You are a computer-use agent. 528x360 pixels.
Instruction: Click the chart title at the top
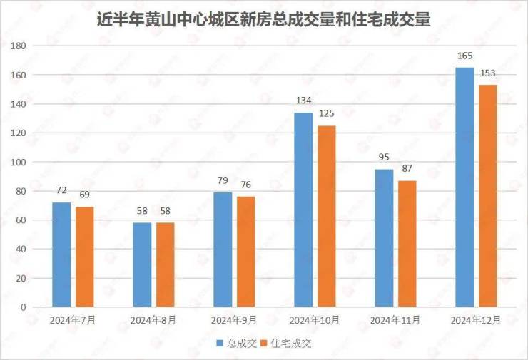(x=263, y=19)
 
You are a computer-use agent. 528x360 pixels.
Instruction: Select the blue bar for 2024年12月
(x=464, y=187)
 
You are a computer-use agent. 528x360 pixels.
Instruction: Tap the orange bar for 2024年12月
(x=488, y=195)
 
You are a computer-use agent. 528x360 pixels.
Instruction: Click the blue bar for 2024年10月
(x=303, y=210)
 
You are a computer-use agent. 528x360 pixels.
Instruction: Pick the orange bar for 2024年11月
(x=407, y=243)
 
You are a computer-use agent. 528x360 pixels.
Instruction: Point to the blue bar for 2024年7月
(x=61, y=254)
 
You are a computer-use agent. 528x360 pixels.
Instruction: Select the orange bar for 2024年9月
(x=245, y=251)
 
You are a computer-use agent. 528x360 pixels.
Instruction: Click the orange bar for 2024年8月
(x=165, y=264)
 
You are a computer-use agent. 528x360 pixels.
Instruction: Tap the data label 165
(x=464, y=56)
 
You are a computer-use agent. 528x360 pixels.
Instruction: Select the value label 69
(x=84, y=195)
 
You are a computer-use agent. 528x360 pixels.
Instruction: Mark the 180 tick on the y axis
(x=19, y=46)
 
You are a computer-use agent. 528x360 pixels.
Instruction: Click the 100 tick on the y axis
(x=19, y=163)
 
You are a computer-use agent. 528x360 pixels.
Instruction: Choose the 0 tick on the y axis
(x=24, y=307)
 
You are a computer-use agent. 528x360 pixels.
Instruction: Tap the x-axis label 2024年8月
(x=153, y=320)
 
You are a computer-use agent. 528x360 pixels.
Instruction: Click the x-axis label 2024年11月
(x=396, y=320)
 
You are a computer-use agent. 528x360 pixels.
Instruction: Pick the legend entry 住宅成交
(x=290, y=344)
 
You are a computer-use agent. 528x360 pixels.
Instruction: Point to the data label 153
(x=488, y=73)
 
